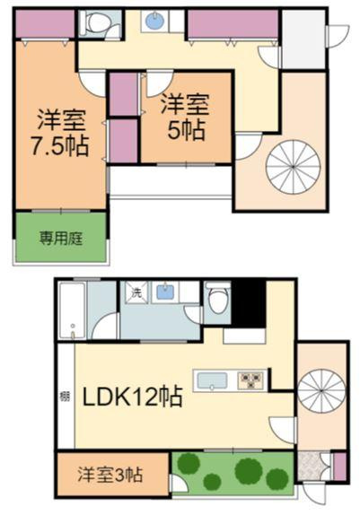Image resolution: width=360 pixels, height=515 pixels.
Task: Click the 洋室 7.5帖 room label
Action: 61,132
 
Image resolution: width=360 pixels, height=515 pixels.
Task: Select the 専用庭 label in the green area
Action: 59,238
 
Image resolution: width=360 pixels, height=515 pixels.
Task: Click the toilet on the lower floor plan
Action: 216,301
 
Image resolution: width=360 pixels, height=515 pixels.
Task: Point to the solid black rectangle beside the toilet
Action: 248,302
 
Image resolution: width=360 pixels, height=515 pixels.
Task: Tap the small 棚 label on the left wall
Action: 65,396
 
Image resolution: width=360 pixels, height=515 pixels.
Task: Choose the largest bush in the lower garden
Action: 249,470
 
